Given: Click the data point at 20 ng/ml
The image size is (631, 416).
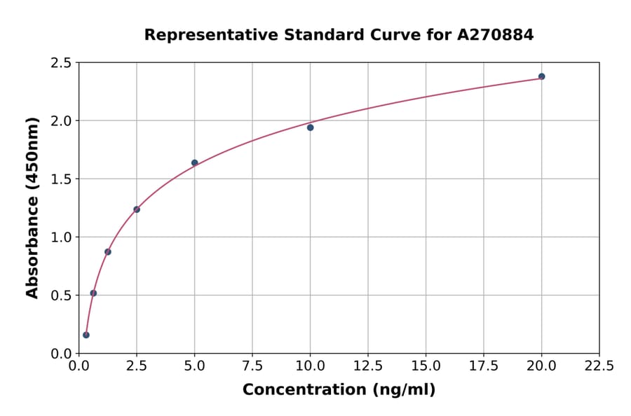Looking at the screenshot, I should coord(541,76).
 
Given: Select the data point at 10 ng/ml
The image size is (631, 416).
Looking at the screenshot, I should coord(310,127).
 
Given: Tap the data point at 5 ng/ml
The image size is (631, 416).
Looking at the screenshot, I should coord(195,162).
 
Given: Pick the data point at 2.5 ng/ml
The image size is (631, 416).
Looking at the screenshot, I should coord(137,209).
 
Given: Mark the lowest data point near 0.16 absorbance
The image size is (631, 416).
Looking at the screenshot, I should coord(86,335).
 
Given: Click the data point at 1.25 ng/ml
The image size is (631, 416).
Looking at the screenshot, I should coord(108,251).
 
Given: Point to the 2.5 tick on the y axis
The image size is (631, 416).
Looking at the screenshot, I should coord(62,63).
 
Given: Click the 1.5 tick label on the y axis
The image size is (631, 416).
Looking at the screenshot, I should coord(62,179).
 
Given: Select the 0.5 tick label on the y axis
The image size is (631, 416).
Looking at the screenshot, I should coord(62,296).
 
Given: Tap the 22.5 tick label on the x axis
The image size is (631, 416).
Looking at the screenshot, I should coord(599,366).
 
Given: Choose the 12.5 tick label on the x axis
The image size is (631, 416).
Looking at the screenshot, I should coord(368,366).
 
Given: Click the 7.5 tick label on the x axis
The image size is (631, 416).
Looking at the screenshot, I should coord(252,366).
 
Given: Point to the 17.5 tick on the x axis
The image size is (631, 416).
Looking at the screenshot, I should coord(484,366).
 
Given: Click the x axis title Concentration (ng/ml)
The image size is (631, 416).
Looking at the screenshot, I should coord(339,390).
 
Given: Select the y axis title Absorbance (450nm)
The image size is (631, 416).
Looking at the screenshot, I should coord(32,207).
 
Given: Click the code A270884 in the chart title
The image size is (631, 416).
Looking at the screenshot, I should coord(496,35).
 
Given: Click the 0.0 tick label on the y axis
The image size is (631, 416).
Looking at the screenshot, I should coord(62,354).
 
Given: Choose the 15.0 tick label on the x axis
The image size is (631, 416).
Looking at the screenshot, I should coord(426,366).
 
